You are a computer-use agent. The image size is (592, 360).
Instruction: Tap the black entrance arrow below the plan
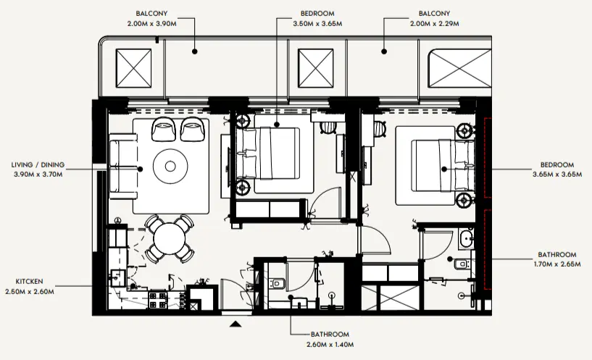[235, 325]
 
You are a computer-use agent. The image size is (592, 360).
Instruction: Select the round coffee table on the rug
[170, 167]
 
